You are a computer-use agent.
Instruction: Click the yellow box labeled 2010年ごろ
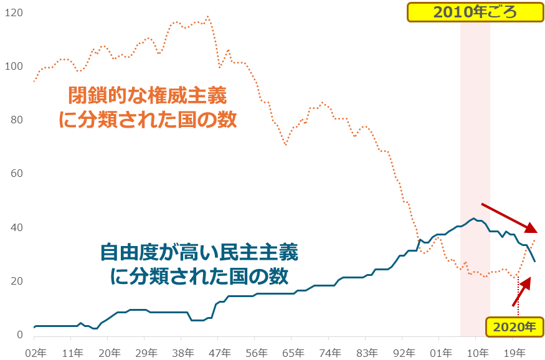coord(475,12)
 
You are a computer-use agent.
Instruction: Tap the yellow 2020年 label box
coord(514,326)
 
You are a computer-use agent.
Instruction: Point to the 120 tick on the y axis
coord(14,12)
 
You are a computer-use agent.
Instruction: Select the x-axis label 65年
coord(292,351)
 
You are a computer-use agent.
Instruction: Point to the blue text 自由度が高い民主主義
coord(199,252)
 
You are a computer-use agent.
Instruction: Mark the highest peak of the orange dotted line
coord(207,17)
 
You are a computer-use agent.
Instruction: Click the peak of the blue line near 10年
coord(474,219)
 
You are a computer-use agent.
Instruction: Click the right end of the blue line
coord(535,261)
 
